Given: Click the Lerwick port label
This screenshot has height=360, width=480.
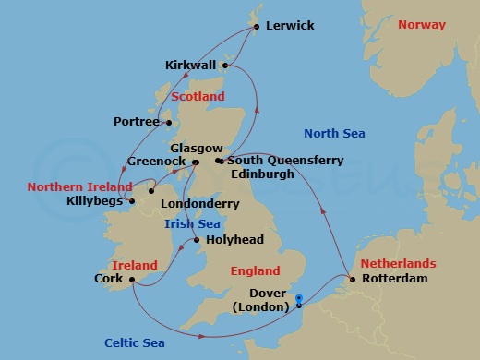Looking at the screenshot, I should (x=290, y=26).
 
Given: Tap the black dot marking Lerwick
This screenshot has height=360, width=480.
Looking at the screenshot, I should (x=256, y=27).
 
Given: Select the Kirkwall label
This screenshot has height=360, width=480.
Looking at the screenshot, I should (x=190, y=66).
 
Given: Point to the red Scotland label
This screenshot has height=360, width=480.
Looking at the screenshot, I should (x=198, y=96).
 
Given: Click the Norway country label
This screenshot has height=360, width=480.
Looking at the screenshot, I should (x=422, y=24).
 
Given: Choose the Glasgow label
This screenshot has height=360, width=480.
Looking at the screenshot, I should (x=197, y=148).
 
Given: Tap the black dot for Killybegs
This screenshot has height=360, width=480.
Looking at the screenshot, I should (x=132, y=200).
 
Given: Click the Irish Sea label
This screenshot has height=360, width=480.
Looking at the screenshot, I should (x=191, y=223).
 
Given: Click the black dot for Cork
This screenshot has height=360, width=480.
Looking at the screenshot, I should (x=133, y=279).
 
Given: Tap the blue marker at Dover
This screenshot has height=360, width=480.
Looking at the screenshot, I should (x=298, y=298).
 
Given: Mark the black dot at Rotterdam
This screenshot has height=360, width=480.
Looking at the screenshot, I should (x=351, y=278).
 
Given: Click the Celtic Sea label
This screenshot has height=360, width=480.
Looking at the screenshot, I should (x=135, y=341).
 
